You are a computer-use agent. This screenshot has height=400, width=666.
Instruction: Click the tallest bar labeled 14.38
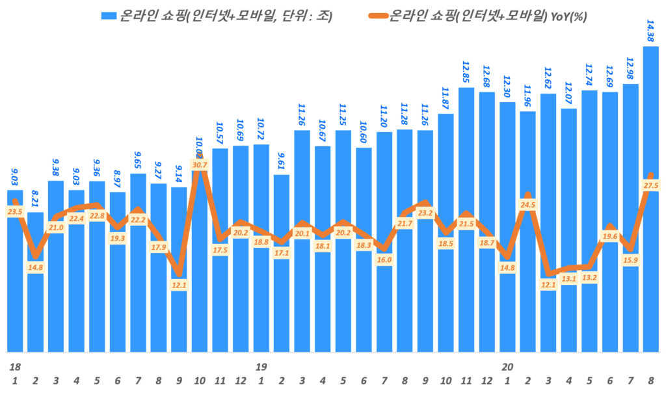650,195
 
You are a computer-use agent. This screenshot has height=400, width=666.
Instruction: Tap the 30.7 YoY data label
200,165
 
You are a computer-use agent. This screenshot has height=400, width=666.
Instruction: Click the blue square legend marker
109,16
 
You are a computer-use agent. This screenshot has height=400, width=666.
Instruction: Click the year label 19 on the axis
261,367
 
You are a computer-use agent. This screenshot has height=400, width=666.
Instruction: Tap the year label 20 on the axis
507,367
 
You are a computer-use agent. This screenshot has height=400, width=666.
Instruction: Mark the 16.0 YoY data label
384,260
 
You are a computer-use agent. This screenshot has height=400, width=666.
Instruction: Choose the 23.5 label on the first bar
15,211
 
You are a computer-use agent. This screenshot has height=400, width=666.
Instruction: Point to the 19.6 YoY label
609,237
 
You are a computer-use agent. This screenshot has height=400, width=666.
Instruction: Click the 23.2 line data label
425,213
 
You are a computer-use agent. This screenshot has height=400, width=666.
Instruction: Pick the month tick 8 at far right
650,380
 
